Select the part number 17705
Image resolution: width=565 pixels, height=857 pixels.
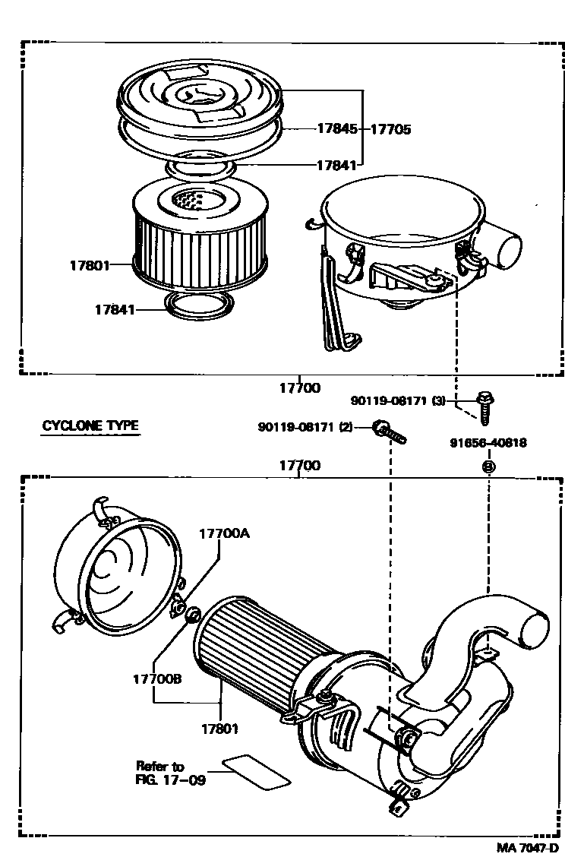click(390, 129)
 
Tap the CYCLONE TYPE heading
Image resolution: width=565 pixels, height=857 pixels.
click(90, 425)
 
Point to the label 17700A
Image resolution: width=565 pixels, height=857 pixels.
click(224, 533)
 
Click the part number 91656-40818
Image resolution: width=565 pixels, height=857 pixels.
click(488, 442)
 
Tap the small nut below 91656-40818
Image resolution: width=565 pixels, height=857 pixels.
click(488, 466)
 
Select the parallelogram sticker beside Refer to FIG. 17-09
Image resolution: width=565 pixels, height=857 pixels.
click(257, 772)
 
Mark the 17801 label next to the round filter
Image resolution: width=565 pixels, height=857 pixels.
click(89, 265)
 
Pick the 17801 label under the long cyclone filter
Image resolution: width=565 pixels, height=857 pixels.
click(219, 729)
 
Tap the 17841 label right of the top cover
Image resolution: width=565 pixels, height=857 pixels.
click(336, 164)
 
